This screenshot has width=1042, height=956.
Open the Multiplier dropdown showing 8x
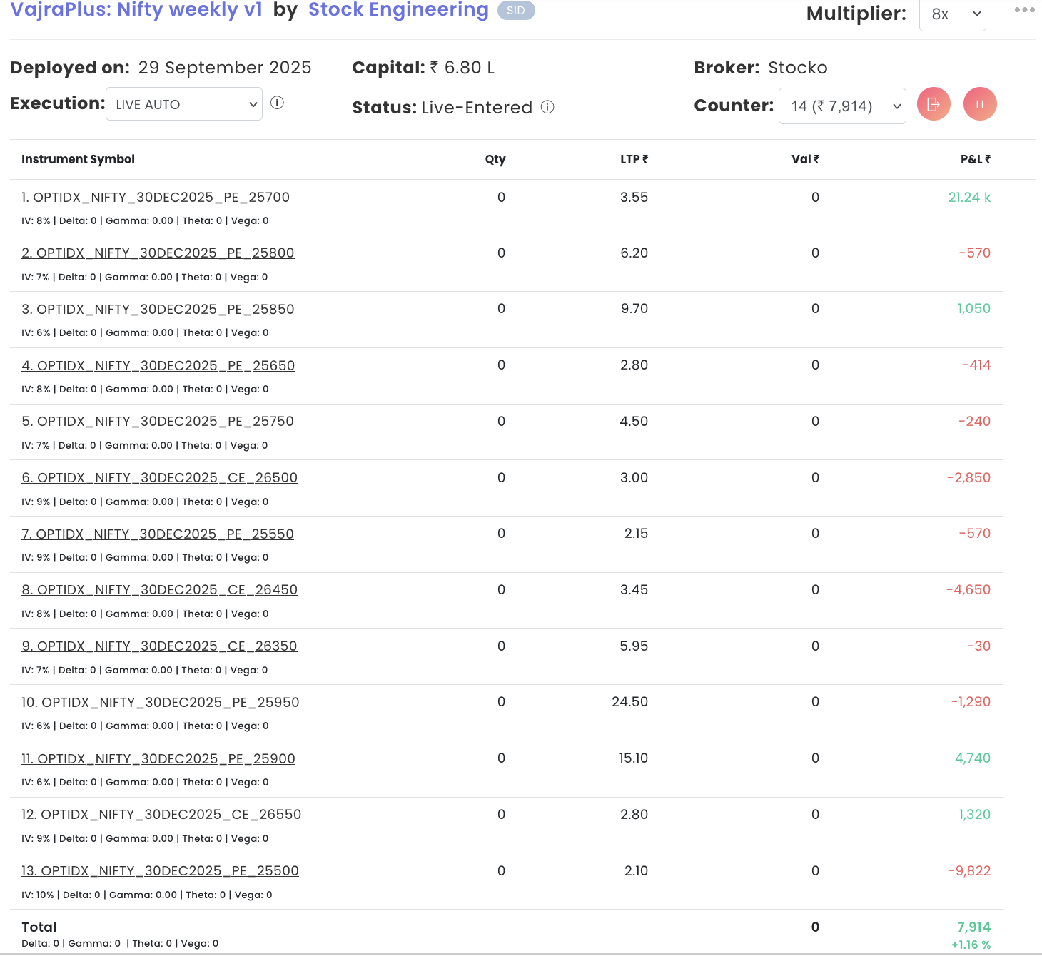952,14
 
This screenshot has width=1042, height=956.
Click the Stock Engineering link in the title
398,10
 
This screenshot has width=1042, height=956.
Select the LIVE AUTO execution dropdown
184,104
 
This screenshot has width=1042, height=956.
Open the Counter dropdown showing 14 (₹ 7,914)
842,106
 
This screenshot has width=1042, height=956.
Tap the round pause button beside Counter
980,104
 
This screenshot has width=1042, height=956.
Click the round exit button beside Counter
934,104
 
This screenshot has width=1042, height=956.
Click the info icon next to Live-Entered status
547,107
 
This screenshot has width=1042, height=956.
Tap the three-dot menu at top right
1024,10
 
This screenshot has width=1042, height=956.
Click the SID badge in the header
516,11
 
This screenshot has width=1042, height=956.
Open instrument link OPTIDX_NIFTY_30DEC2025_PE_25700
156,198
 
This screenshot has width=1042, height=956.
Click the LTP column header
634,159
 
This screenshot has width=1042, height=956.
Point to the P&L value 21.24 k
969,198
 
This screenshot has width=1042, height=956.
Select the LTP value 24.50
629,702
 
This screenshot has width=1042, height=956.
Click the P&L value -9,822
969,871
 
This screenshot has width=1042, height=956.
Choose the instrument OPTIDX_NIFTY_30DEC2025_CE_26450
159,590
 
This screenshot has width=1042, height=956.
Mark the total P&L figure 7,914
973,927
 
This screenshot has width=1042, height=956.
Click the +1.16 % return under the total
971,945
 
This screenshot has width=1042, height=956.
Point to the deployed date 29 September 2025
225,68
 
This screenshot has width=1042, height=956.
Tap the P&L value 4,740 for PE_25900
973,758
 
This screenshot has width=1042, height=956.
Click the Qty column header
495,159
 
